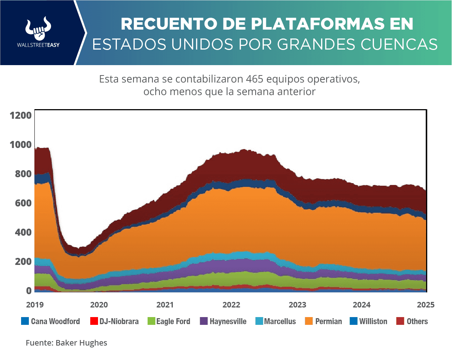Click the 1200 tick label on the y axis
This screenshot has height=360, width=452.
point(21,115)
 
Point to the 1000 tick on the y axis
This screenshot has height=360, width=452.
point(21,145)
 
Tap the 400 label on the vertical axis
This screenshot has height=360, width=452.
point(23,232)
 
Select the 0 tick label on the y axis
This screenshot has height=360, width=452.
point(28,291)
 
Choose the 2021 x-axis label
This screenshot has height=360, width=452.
point(165,305)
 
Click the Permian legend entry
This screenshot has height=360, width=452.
point(328,321)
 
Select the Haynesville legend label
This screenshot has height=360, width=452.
point(228,321)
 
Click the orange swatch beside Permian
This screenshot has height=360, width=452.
point(309,321)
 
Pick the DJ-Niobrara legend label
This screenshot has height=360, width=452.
point(119,321)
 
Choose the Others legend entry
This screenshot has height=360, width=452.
point(417,321)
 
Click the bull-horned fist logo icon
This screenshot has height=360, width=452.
point(38,28)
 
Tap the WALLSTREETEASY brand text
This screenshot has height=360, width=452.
point(38,45)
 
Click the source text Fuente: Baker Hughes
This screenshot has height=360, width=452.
point(67,343)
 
